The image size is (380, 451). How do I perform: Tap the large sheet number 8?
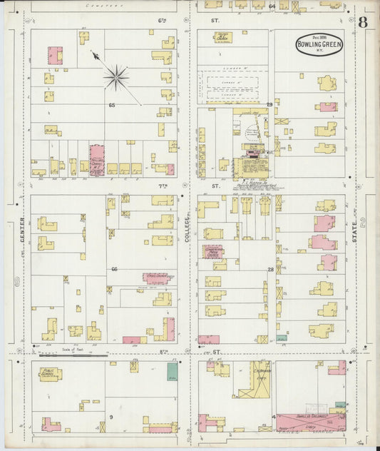tap(364, 21)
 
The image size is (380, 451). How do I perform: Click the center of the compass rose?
tap(115, 77)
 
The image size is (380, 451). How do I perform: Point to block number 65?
tap(111, 105)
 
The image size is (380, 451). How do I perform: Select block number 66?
tap(113, 268)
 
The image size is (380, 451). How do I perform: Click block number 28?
tap(270, 269)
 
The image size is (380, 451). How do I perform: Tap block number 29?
tap(269, 105)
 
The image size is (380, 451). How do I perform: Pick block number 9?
tap(111, 416)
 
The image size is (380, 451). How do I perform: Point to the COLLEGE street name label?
tap(189, 243)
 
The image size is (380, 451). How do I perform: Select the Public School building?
tap(50, 373)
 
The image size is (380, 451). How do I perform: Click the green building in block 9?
tap(172, 371)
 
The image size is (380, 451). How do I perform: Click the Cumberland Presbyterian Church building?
tap(212, 252)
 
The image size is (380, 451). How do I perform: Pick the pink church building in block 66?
tap(156, 278)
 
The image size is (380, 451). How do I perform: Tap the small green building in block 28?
tap(282, 338)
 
